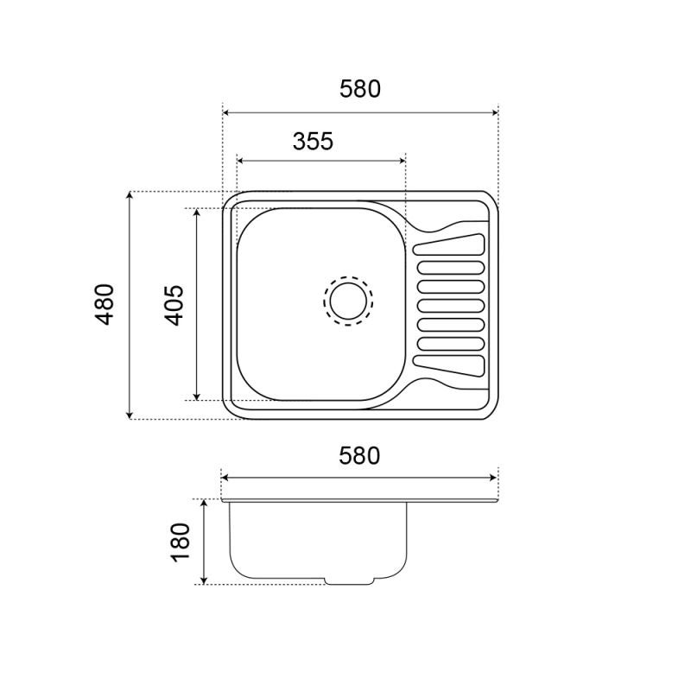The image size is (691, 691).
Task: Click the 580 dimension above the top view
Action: coord(359,89)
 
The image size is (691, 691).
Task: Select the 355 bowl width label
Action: coord(313,142)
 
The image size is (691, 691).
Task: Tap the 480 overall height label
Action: coord(105,305)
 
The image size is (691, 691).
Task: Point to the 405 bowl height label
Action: coord(174,306)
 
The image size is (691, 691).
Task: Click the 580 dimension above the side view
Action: coord(359,456)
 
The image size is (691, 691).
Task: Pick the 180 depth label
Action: coord(181,542)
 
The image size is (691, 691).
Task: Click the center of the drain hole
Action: coord(348,301)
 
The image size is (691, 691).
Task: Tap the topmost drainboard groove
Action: coord(448,244)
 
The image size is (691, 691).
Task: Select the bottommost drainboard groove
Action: coord(448,366)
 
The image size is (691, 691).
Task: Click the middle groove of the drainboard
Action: coord(451,306)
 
